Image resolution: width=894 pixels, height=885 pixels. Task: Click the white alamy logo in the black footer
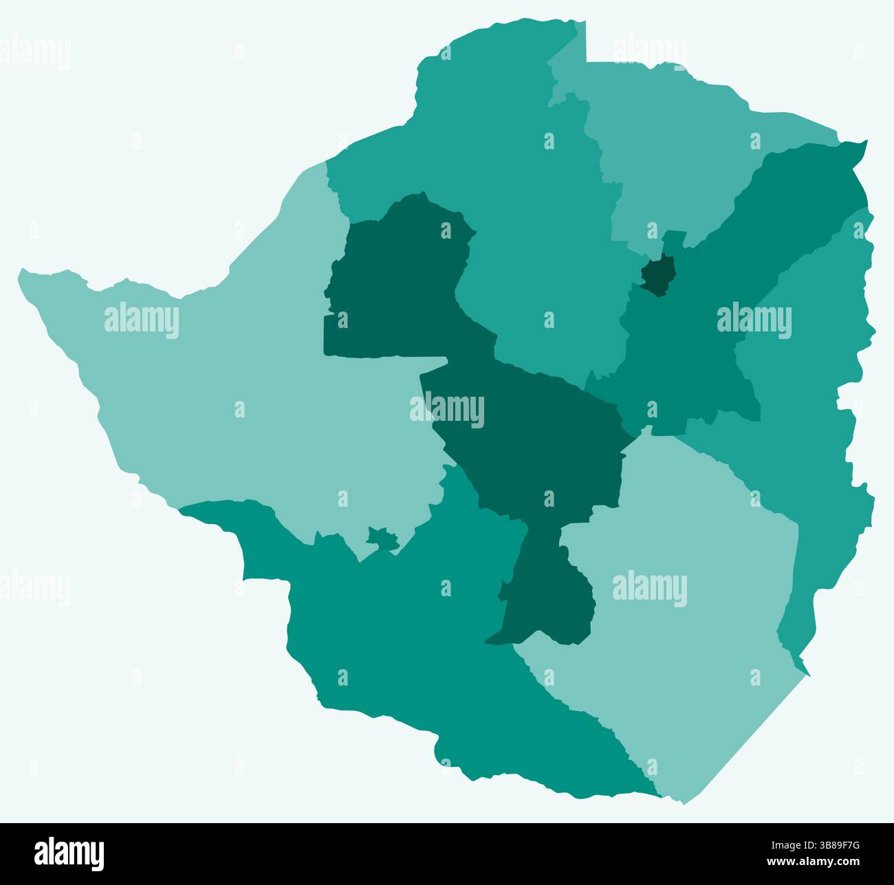point(69,853)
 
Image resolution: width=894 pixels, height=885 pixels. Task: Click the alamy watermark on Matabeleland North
point(142,320)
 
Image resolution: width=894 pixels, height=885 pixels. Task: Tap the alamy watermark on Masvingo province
point(649,589)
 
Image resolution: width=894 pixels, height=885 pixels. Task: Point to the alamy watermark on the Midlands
point(447,410)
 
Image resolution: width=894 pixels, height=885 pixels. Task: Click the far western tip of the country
point(21,275)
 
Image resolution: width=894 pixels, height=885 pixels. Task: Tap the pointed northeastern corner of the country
point(865,142)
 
